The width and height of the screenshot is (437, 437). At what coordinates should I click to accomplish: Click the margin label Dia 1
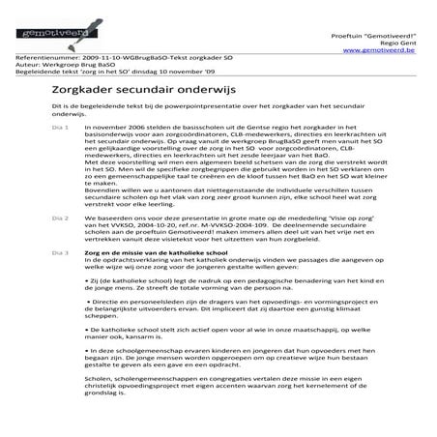(60, 127)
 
